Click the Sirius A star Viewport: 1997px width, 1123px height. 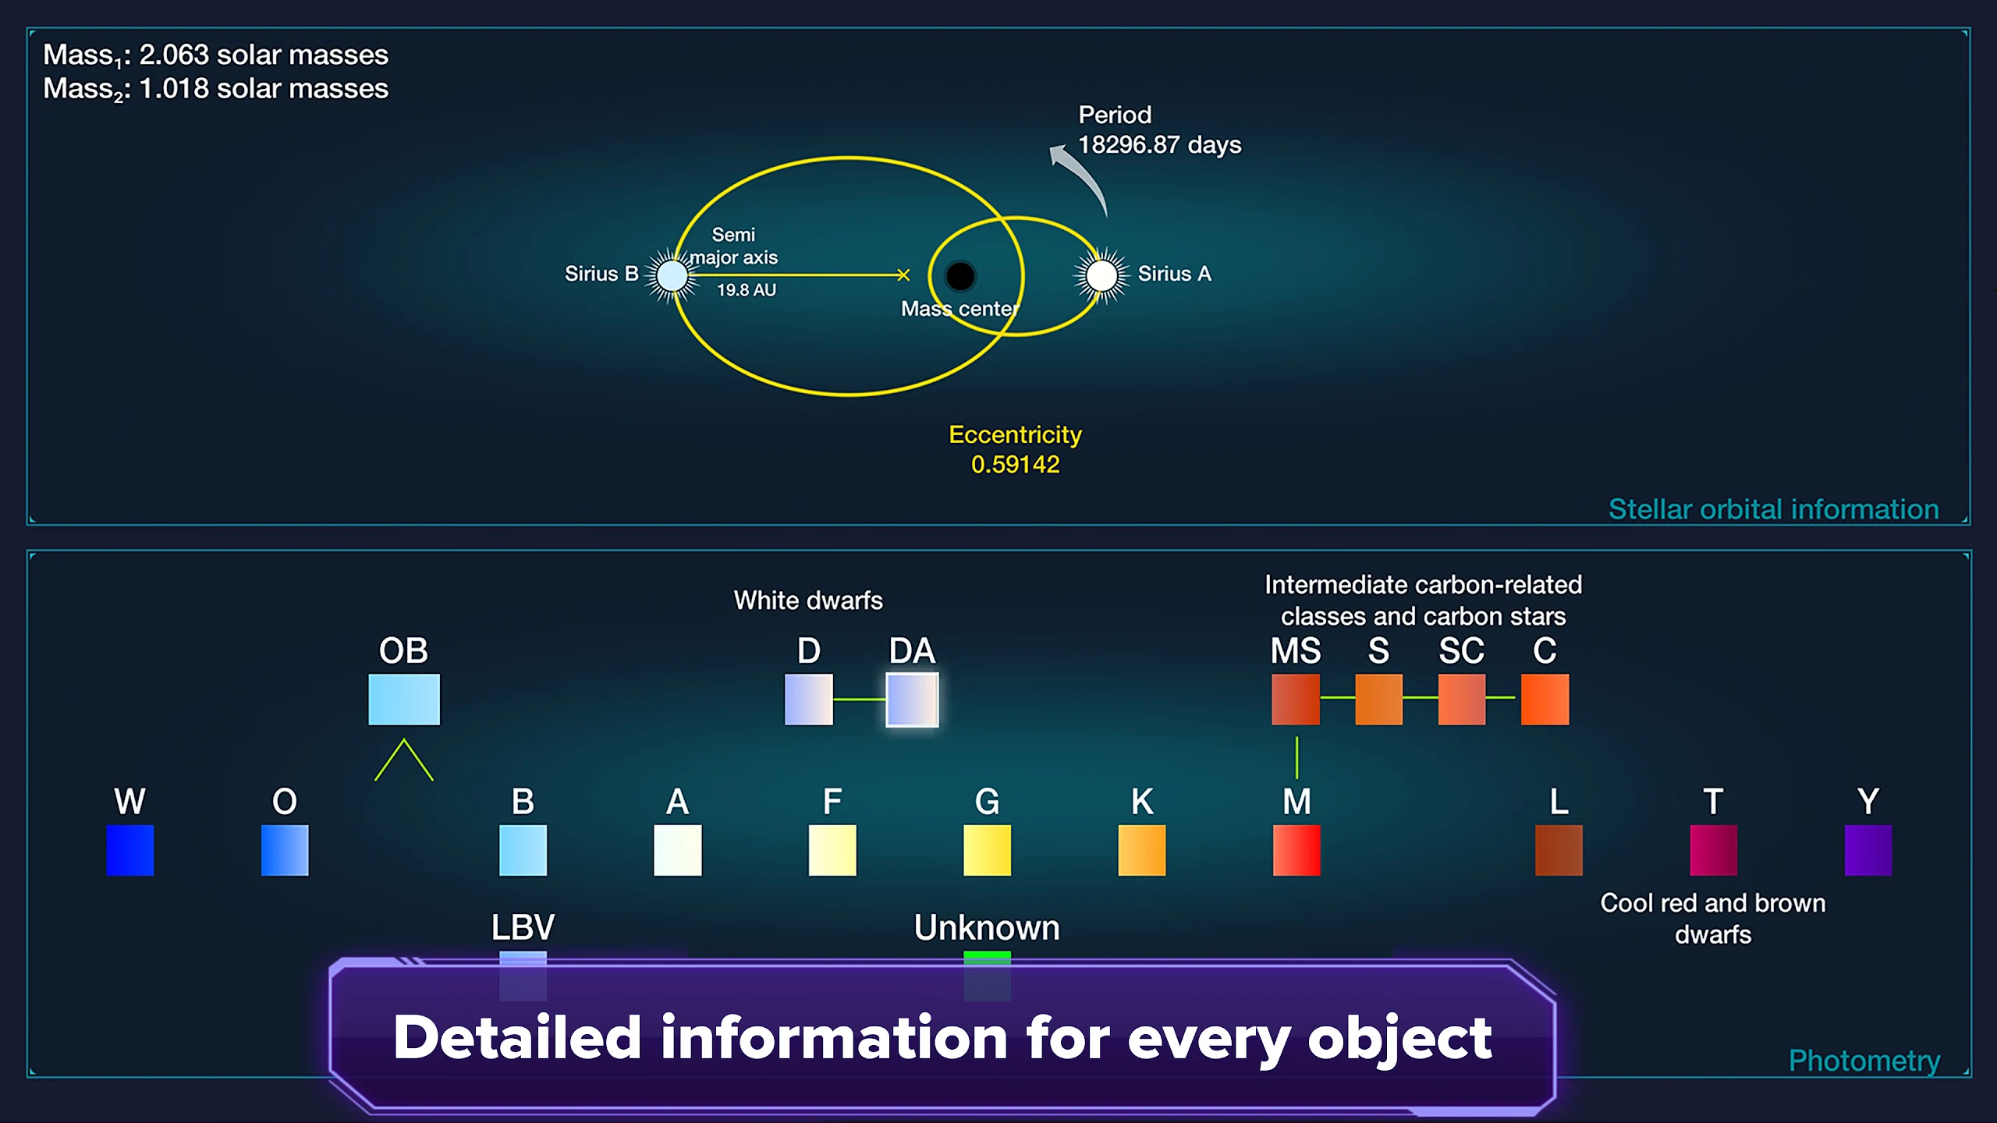coord(1101,275)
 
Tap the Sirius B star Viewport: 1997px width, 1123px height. coord(672,275)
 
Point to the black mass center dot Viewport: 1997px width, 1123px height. coord(959,275)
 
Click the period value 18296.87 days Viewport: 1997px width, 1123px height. coord(1159,145)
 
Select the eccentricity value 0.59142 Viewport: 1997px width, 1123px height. coord(1015,465)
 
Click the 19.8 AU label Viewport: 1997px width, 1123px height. coord(747,290)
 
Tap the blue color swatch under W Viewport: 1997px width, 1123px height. coord(129,850)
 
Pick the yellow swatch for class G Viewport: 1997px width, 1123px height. coord(987,850)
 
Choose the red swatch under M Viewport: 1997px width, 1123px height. coord(1296,850)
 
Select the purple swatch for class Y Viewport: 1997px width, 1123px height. coord(1868,850)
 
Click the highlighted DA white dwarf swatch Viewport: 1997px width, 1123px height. coord(912,700)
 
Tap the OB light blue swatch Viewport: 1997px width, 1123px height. coord(404,700)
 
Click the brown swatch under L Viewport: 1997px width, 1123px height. coord(1559,850)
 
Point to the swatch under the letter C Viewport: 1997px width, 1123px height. coord(1545,700)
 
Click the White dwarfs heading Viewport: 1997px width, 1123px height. coord(808,600)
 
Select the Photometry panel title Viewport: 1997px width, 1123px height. coord(1864,1061)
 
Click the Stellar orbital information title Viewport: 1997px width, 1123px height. coord(1774,509)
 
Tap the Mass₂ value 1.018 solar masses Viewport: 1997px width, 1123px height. coord(264,89)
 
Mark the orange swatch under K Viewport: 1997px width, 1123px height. coord(1142,850)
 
